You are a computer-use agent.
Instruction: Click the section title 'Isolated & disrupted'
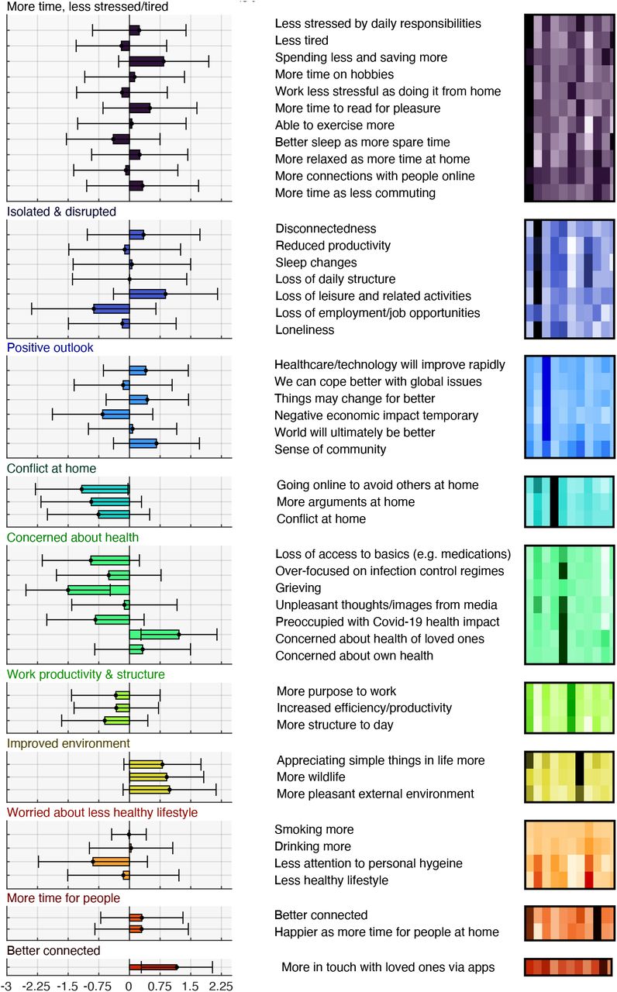[x=61, y=212]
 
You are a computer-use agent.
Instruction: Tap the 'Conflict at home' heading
[x=51, y=468]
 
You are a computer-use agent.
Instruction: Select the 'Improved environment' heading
[x=68, y=743]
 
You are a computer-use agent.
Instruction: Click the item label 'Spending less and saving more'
[x=361, y=57]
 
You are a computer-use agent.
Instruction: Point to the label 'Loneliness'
[x=305, y=330]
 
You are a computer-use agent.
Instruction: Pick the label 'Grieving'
[x=298, y=588]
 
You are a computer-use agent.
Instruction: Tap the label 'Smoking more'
[x=314, y=829]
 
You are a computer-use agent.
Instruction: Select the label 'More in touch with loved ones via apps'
[x=388, y=967]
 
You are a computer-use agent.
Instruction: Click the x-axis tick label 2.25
[x=221, y=987]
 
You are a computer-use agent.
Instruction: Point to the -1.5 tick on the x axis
[x=67, y=987]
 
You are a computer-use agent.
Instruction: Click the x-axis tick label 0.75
[x=160, y=987]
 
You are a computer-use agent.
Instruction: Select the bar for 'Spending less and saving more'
[x=146, y=61]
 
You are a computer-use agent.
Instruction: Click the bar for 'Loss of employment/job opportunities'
[x=112, y=308]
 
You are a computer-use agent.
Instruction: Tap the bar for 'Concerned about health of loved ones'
[x=154, y=635]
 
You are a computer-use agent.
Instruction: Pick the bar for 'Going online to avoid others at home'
[x=105, y=489]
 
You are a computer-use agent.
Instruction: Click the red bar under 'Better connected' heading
[x=153, y=967]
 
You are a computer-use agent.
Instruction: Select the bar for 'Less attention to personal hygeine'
[x=111, y=862]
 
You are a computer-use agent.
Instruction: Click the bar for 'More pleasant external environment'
[x=150, y=789]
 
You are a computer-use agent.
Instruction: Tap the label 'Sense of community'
[x=330, y=449]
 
